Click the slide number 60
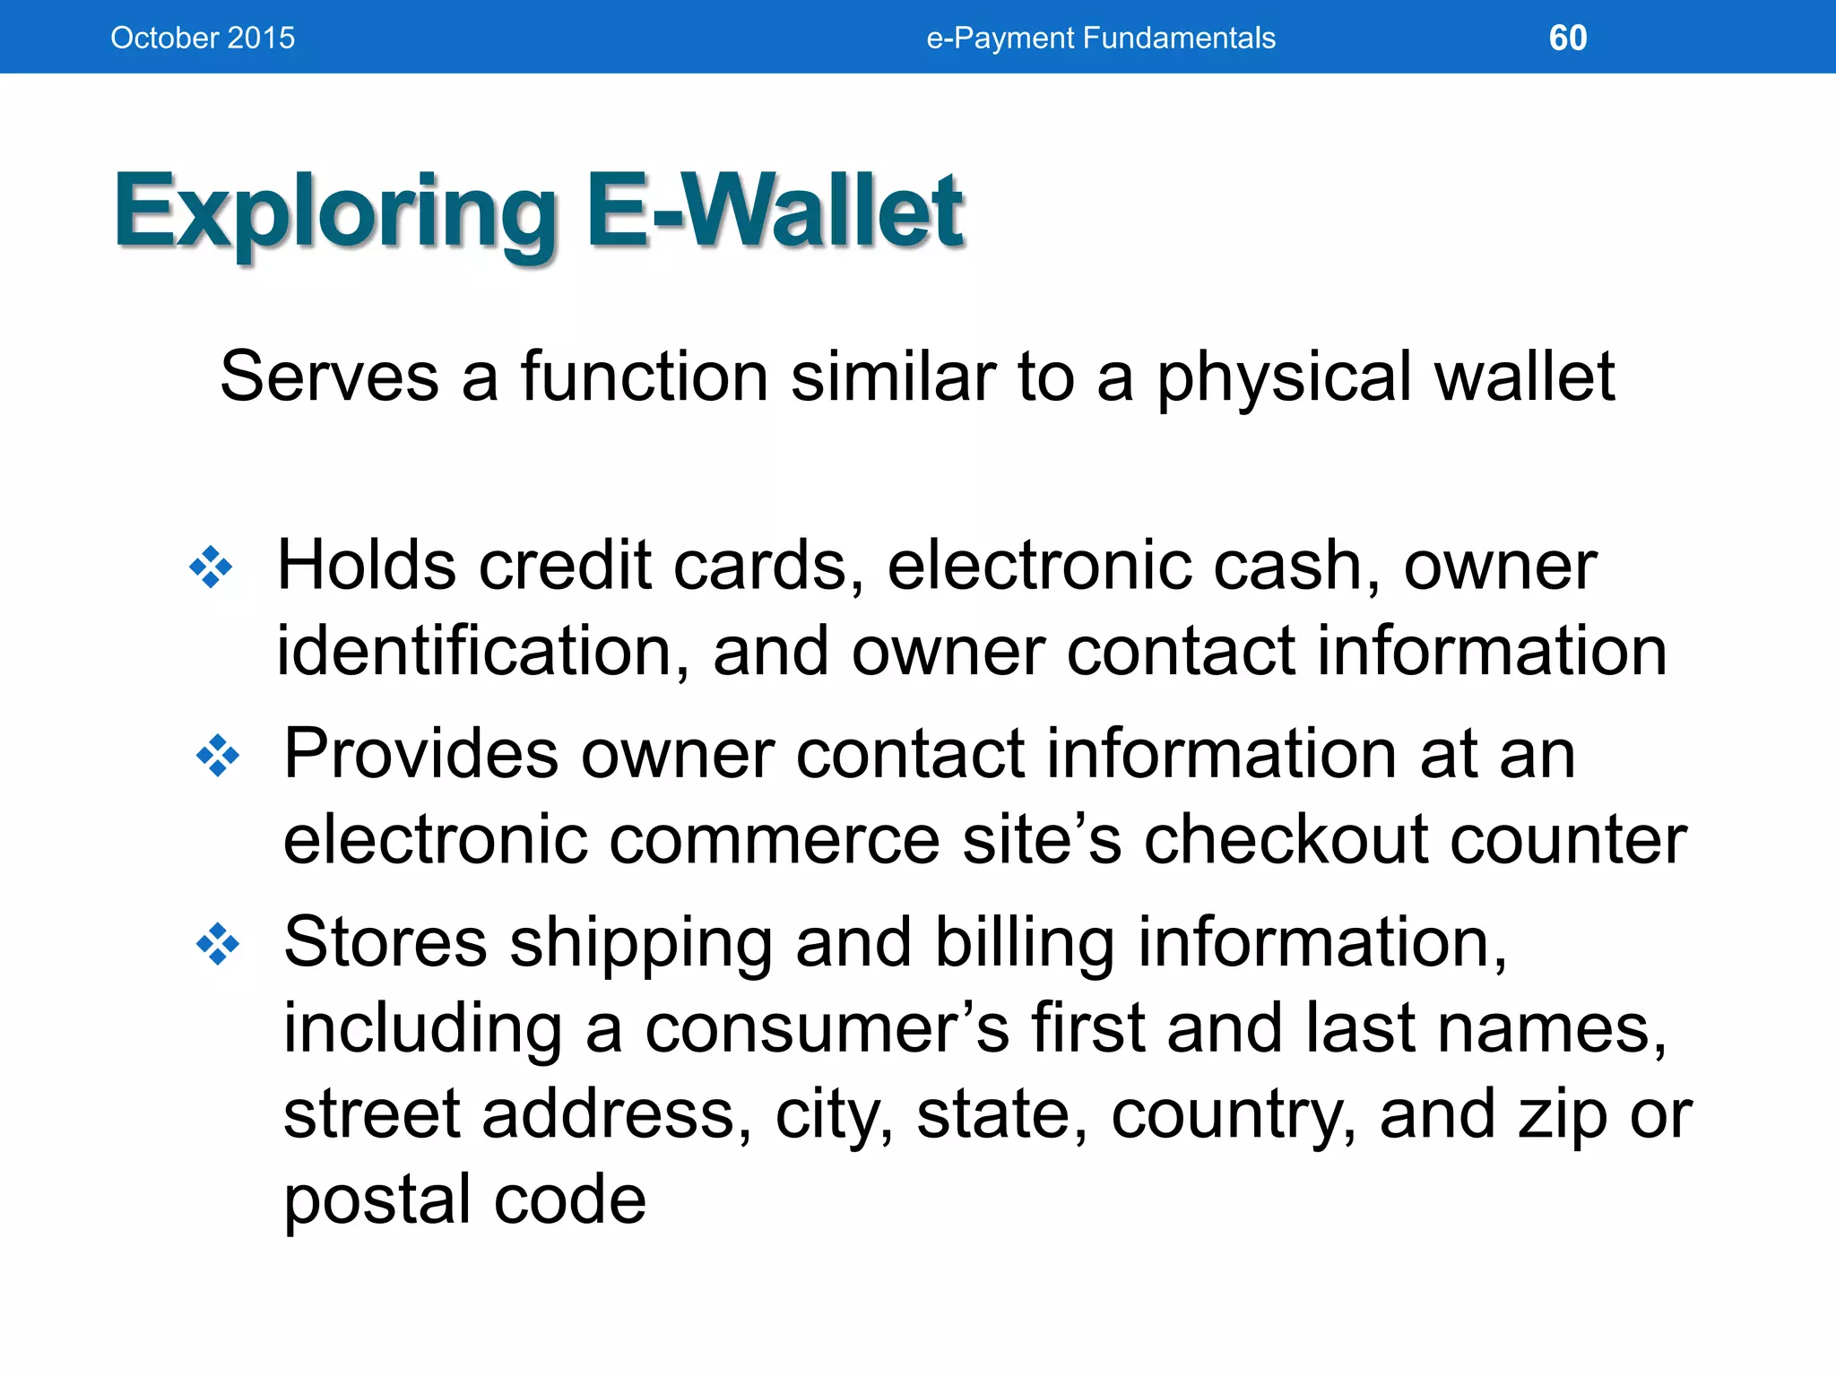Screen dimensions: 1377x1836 coord(1568,38)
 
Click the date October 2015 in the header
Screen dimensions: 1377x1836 coord(203,38)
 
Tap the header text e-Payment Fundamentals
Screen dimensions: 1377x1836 coord(1101,38)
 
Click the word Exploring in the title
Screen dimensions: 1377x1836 coord(336,213)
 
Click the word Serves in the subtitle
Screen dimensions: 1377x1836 coord(329,377)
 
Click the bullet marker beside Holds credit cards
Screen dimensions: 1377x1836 coord(212,567)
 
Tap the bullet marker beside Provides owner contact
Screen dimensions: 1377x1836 coord(218,756)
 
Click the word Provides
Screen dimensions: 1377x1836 coord(420,755)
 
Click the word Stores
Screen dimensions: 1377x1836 coord(385,943)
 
